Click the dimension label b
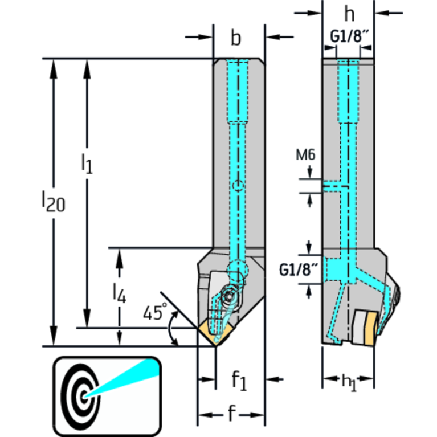click(236, 38)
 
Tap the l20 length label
click(53, 201)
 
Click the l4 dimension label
click(118, 293)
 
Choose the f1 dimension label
click(239, 381)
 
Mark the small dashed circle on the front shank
click(239, 186)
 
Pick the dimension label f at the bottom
click(231, 415)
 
